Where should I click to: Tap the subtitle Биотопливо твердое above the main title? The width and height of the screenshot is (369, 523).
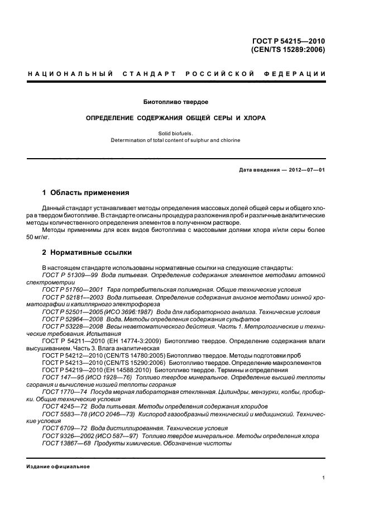176,102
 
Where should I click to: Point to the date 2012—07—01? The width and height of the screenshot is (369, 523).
305,170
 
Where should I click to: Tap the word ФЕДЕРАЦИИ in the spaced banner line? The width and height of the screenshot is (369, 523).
300,74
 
